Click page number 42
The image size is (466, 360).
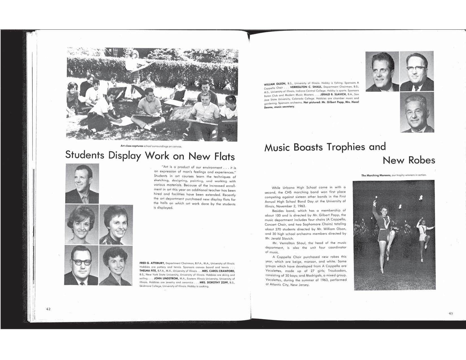click(x=48, y=309)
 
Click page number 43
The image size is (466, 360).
click(x=450, y=313)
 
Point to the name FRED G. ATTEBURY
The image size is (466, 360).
click(x=152, y=263)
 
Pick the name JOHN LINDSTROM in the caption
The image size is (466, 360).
click(x=166, y=278)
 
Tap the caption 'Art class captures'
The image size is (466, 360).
click(x=132, y=146)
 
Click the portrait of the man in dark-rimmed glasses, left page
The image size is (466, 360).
click(x=82, y=265)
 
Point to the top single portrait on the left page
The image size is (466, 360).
click(x=82, y=184)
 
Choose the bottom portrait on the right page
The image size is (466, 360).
click(x=417, y=113)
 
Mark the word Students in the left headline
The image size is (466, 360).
click(x=85, y=155)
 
